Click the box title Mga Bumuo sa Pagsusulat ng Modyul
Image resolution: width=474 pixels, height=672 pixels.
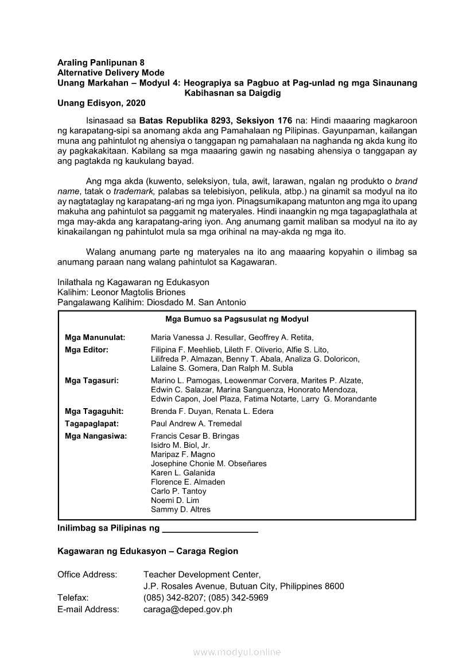point(237,319)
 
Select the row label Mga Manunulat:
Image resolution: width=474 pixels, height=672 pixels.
point(95,337)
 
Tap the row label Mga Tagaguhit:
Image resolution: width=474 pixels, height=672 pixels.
point(94,412)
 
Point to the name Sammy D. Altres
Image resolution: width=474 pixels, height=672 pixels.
point(181,510)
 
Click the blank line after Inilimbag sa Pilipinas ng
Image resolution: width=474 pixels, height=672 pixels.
point(210,528)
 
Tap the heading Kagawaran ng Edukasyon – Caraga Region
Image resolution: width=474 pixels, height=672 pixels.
point(147,551)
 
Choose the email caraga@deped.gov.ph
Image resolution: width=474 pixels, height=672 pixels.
point(188,609)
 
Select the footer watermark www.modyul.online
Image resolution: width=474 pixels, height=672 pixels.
point(237,652)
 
